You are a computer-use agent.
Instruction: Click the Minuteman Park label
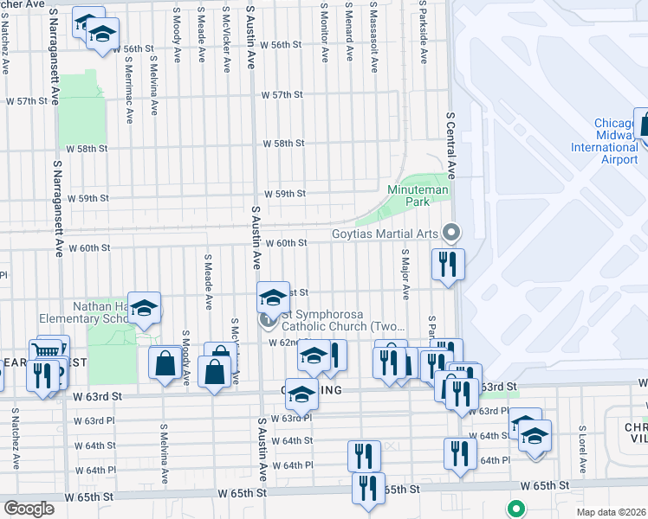(409, 195)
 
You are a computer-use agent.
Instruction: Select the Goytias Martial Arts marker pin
(450, 232)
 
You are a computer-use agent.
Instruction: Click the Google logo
(29, 508)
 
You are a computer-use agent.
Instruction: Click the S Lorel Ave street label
(583, 449)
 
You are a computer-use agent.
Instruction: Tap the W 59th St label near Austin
(285, 194)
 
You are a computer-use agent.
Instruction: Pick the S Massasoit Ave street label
(372, 35)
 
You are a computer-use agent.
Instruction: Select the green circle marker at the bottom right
(516, 509)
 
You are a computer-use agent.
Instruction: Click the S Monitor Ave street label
(325, 35)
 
